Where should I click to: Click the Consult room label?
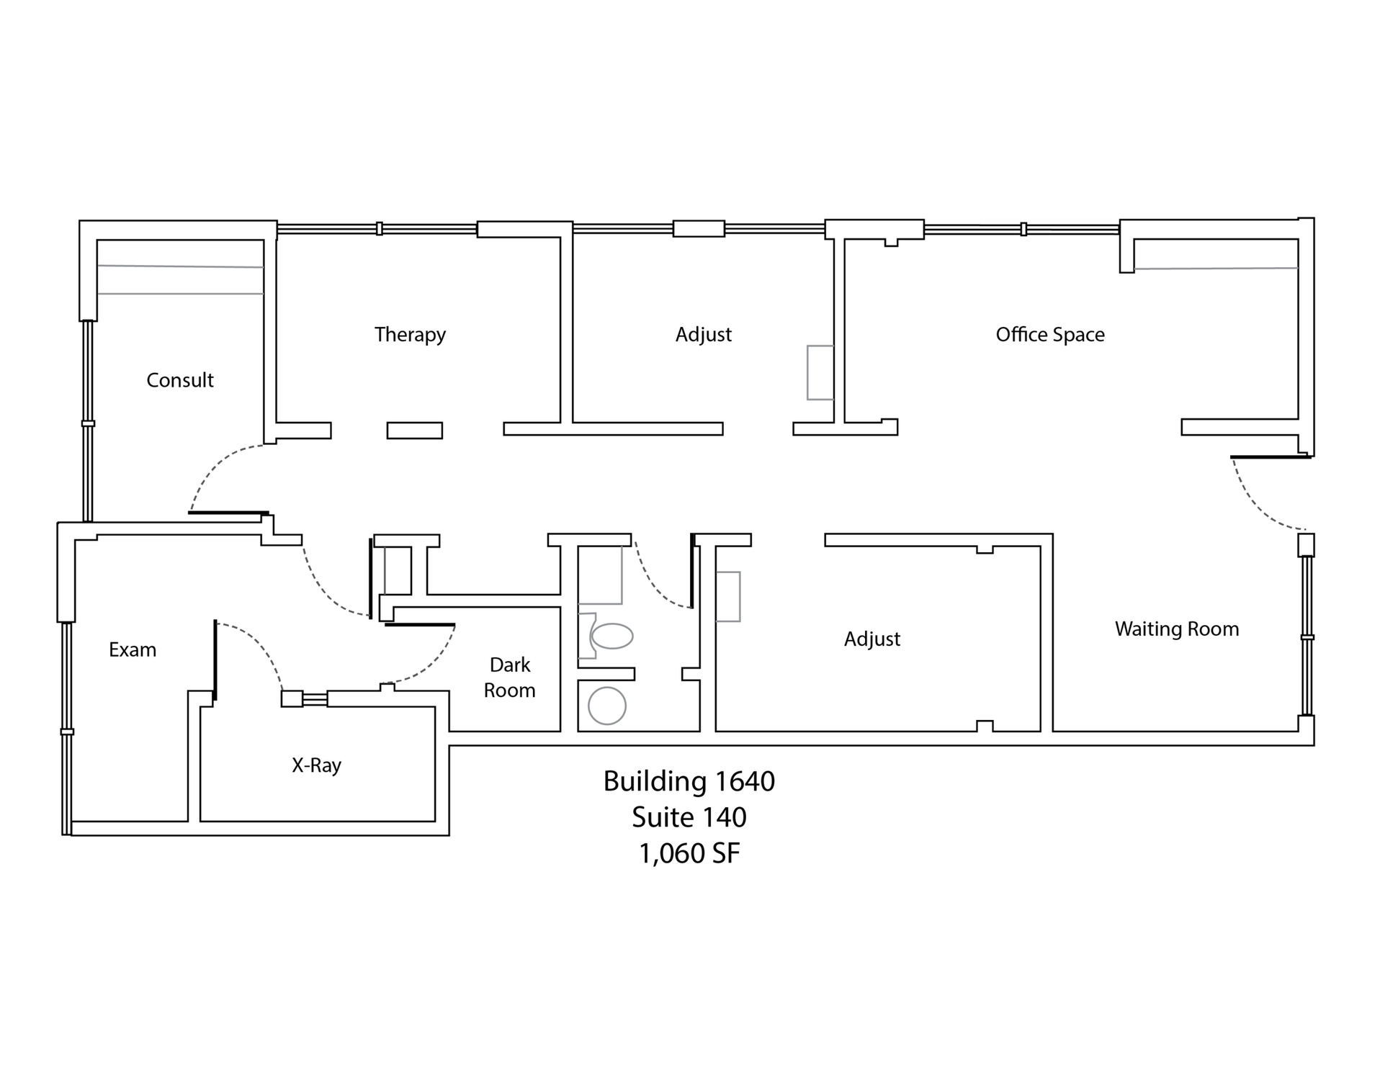click(180, 380)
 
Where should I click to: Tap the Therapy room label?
click(410, 335)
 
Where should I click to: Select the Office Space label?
click(1050, 335)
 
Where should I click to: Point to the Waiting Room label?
click(1177, 629)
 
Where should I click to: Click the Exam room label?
click(133, 649)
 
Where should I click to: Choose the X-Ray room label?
click(316, 765)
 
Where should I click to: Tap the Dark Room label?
click(510, 678)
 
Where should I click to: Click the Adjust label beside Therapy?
click(704, 335)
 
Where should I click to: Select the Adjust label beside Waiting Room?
click(872, 639)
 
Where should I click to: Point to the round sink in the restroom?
click(607, 706)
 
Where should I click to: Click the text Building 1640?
click(689, 782)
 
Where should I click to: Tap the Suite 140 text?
click(689, 818)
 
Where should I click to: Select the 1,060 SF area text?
click(689, 854)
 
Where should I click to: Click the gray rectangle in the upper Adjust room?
click(820, 372)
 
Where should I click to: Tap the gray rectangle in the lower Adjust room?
click(728, 596)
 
